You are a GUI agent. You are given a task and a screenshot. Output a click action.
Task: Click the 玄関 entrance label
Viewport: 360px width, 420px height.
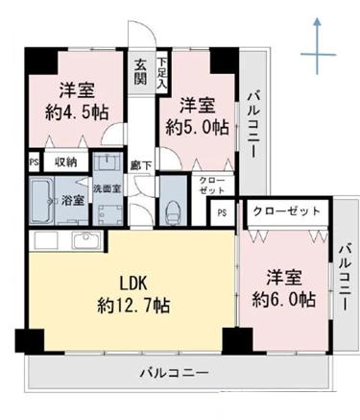(x=140, y=72)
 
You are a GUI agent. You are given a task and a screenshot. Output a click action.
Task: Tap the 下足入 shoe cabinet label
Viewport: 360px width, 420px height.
(x=162, y=73)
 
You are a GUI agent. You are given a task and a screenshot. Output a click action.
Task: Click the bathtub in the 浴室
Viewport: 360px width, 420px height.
(x=42, y=201)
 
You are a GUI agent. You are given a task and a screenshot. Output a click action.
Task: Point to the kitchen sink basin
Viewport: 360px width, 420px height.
(x=86, y=240)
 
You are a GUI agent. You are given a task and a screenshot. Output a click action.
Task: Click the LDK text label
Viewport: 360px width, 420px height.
(x=133, y=284)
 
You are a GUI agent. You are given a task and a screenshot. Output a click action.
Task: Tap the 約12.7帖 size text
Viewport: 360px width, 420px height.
(x=133, y=306)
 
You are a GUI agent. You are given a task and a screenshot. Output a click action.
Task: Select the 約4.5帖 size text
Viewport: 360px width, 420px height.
(x=77, y=112)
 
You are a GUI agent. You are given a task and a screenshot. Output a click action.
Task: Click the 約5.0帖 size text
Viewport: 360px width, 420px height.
(x=197, y=127)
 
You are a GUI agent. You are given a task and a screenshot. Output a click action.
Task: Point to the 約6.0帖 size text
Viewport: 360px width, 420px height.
(x=284, y=300)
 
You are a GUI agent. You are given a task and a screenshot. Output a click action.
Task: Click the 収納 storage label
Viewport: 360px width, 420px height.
(x=65, y=162)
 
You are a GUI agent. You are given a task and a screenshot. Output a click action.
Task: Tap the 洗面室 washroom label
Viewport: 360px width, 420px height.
(x=108, y=188)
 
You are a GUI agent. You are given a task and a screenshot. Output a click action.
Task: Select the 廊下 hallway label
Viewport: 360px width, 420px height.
(x=141, y=165)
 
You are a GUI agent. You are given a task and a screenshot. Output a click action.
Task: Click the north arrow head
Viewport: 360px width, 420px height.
(x=317, y=22)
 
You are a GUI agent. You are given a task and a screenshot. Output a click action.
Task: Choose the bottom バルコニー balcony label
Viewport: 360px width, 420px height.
(x=174, y=373)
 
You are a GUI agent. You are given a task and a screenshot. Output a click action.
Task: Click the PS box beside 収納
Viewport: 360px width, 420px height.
(x=34, y=161)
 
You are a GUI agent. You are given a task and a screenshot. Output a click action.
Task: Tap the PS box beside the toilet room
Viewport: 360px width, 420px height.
(x=222, y=212)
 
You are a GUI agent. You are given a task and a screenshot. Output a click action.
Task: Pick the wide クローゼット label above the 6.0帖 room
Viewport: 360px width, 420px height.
(x=286, y=211)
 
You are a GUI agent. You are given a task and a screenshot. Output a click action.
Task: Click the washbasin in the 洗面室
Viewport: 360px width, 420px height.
(x=108, y=162)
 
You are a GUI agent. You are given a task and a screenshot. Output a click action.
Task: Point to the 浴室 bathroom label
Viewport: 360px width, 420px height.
(x=73, y=201)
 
